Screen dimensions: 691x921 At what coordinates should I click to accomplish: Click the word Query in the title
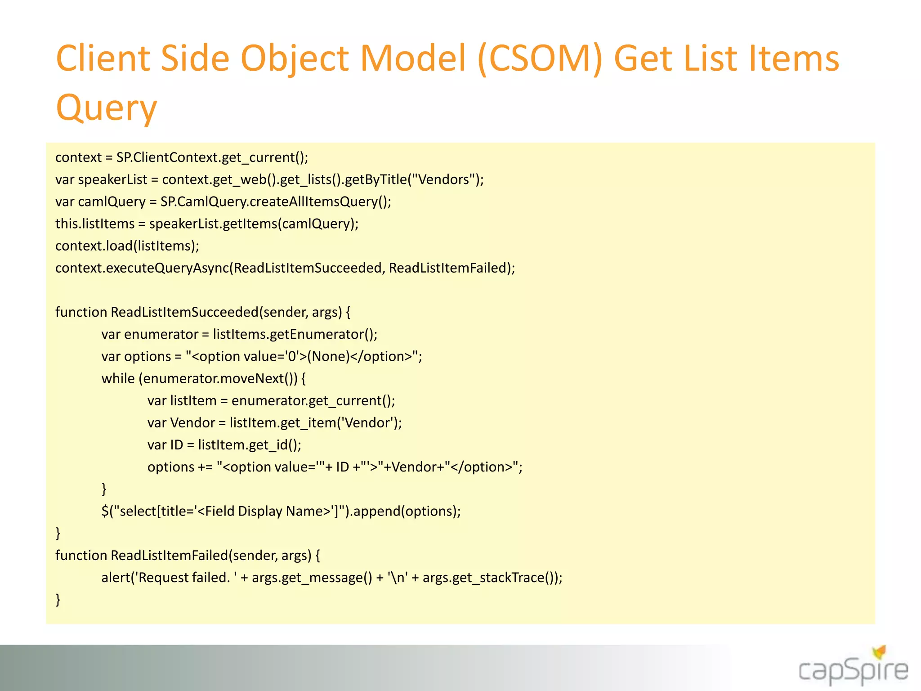click(x=106, y=108)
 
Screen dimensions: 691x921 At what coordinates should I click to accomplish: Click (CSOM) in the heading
click(x=540, y=58)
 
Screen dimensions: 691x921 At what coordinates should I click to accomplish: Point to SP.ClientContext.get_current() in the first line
click(x=211, y=157)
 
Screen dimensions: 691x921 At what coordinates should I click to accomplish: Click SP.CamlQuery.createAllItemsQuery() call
click(x=275, y=202)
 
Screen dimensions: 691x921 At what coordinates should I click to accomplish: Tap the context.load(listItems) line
click(x=127, y=246)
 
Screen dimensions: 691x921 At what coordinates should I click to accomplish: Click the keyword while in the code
click(x=118, y=378)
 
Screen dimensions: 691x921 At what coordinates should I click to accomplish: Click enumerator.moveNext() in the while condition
click(x=220, y=378)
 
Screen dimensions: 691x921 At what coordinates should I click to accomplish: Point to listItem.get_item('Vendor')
click(x=315, y=423)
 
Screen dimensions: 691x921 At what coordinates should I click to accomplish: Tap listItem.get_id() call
click(x=249, y=445)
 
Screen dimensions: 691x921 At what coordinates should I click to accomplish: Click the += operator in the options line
click(x=205, y=467)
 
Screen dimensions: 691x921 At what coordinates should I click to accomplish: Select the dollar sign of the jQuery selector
click(x=105, y=511)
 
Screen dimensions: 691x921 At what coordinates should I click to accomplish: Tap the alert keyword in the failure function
click(x=115, y=578)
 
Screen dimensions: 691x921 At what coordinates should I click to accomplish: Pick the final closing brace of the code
click(x=58, y=599)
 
